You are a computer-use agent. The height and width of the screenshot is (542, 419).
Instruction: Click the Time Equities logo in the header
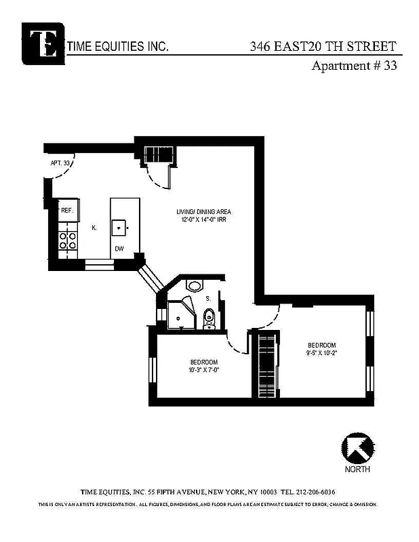point(43,43)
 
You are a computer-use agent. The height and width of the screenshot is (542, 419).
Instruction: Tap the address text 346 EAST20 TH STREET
point(322,47)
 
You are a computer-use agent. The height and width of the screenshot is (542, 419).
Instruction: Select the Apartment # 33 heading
point(353,66)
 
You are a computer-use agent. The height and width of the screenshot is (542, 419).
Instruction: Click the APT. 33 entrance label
point(60,163)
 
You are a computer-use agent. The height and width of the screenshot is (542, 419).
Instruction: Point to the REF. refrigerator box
point(66,210)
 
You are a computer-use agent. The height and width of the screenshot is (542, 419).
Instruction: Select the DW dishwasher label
point(119,249)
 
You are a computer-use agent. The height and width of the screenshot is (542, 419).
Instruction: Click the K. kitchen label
point(94,228)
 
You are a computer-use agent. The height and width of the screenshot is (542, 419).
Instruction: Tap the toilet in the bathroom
point(209,317)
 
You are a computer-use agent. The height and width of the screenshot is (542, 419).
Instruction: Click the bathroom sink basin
point(194,286)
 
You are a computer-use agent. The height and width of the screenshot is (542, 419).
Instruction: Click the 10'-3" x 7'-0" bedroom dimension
point(203,370)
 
